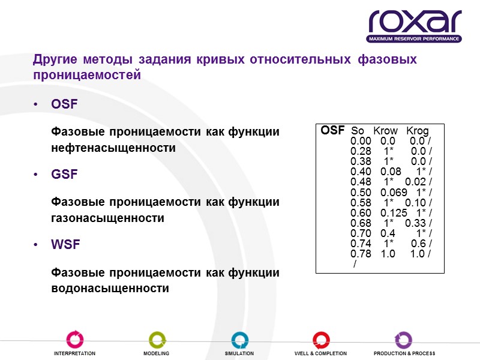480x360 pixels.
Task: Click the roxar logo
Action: (x=415, y=26)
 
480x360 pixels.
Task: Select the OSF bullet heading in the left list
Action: (x=64, y=104)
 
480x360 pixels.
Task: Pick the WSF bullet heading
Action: (x=65, y=245)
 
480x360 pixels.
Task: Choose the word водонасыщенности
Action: (x=110, y=288)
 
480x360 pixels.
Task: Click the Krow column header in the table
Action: (x=385, y=131)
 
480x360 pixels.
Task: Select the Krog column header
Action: (x=418, y=131)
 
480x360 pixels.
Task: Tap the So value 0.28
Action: (x=361, y=151)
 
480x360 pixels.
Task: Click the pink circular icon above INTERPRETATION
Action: (x=75, y=340)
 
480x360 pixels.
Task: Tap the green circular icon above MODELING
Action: (x=157, y=340)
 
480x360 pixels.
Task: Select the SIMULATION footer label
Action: (x=239, y=354)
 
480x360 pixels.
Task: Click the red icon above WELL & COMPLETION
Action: (x=321, y=340)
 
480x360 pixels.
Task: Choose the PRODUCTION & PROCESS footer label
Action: (x=404, y=354)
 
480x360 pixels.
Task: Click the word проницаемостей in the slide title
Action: (x=87, y=76)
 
